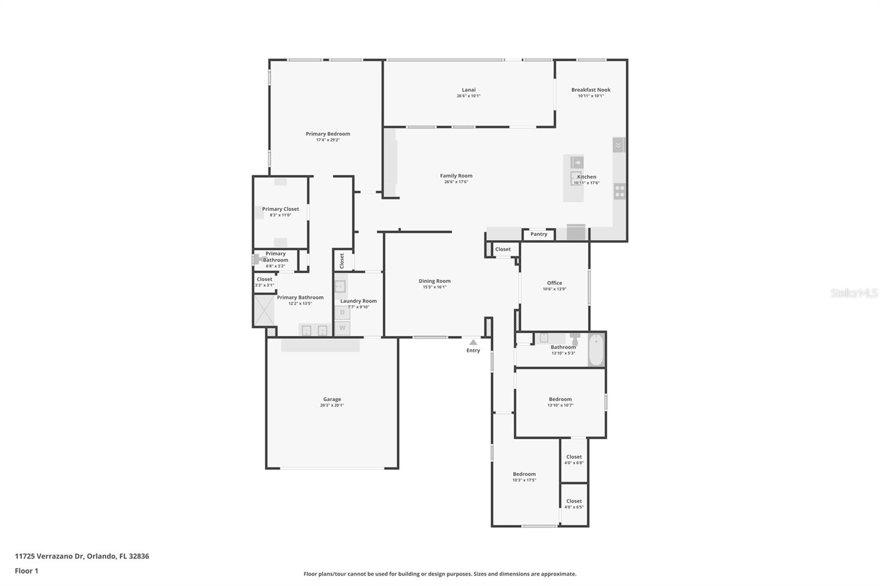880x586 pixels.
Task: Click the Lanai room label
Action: (x=469, y=90)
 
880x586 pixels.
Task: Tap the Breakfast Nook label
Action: (x=591, y=90)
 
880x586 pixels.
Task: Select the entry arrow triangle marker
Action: (x=473, y=342)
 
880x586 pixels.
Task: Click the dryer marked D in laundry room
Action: (x=342, y=313)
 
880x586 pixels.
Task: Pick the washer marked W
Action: (x=342, y=328)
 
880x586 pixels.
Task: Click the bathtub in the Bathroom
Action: (x=596, y=350)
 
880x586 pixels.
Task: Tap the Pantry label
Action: (x=538, y=234)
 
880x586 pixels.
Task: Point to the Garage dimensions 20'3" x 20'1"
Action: (x=332, y=406)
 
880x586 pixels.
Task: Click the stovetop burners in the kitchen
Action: (x=620, y=191)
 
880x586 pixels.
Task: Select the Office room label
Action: (x=554, y=283)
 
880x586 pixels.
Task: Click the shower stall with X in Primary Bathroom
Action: (x=264, y=311)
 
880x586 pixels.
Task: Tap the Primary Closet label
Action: (x=280, y=209)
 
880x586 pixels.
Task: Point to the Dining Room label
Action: (x=435, y=281)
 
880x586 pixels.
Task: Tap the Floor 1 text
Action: (x=26, y=571)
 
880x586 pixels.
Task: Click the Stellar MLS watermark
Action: (x=854, y=294)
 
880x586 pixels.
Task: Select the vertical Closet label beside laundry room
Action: (x=342, y=261)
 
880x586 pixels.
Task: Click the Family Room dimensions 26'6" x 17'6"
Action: (x=456, y=182)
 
